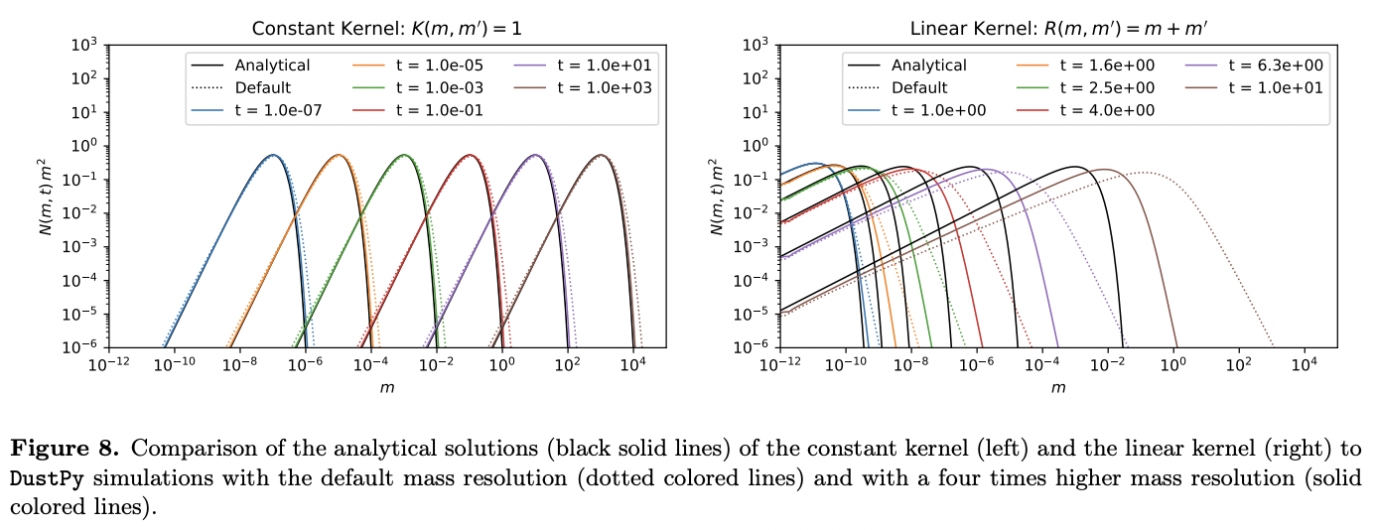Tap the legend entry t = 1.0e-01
pos(439,109)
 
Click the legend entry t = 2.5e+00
pos(1108,87)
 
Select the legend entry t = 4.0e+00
pos(1108,109)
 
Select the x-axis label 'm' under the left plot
pos(386,387)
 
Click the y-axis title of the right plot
pos(718,196)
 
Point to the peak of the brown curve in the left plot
pos(601,155)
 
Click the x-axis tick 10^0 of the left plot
pos(502,364)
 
